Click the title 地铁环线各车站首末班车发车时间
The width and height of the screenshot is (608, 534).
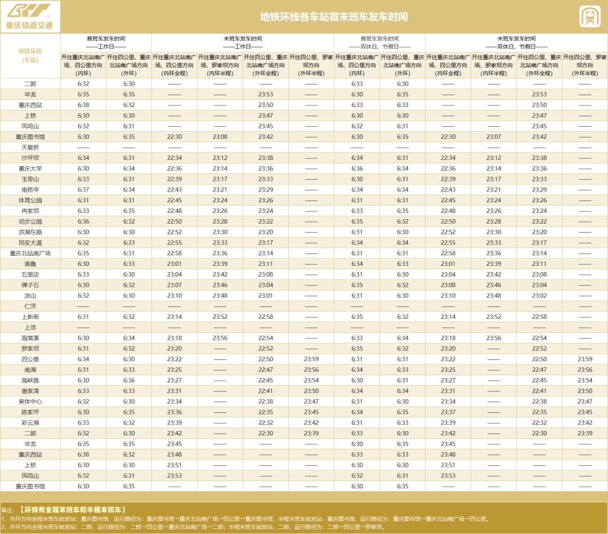point(333,17)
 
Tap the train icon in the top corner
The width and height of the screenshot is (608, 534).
point(589,16)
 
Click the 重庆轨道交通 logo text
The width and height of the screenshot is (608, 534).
point(29,25)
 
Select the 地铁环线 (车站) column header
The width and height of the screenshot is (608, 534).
point(30,55)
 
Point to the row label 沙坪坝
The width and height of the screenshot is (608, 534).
point(30,158)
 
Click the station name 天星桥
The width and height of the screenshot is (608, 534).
point(30,147)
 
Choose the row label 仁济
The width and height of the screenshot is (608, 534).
point(30,306)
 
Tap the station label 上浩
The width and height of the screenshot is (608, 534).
point(30,327)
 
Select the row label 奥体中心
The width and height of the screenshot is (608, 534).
point(30,402)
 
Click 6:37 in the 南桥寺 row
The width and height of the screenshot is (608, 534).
point(83,190)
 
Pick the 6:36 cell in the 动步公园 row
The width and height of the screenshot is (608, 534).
point(83,221)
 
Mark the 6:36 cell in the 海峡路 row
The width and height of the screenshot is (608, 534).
point(129,380)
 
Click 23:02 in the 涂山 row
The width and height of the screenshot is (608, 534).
point(539,295)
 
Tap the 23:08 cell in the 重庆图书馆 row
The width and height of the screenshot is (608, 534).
point(220,136)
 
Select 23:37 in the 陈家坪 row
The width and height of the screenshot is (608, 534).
point(448,412)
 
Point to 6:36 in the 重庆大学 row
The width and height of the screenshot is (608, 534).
point(357,168)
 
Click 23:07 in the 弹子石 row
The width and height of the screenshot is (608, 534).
point(175,285)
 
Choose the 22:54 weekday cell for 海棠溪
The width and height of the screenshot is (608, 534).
point(266,338)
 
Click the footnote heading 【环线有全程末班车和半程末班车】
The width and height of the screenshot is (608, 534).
point(73,510)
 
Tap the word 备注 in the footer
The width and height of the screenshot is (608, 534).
point(8,510)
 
